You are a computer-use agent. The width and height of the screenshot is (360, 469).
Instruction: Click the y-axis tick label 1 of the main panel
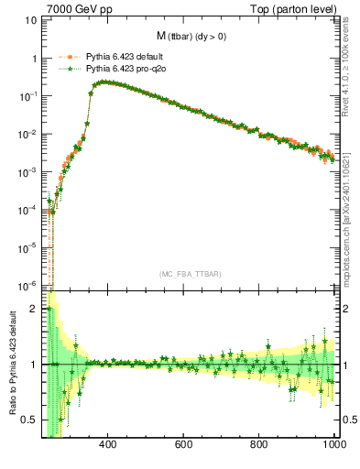pos(34,58)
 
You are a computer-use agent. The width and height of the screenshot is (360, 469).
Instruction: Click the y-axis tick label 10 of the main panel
pos(31,20)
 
